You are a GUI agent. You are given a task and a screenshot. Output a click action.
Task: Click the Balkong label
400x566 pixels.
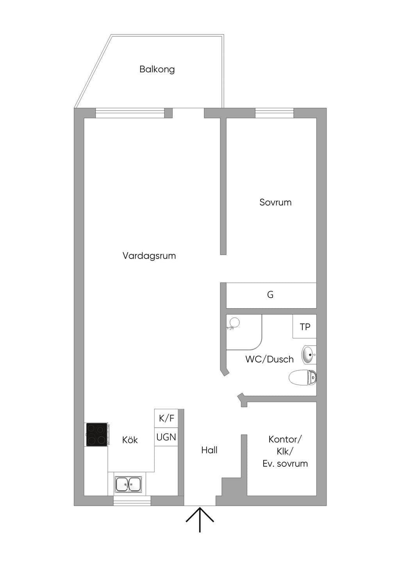click(x=157, y=69)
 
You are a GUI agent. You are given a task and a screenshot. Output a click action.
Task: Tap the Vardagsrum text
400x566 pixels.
click(x=149, y=256)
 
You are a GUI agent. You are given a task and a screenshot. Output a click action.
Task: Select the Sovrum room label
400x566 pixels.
click(x=275, y=202)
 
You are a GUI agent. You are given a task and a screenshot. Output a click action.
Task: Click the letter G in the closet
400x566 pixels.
click(x=270, y=295)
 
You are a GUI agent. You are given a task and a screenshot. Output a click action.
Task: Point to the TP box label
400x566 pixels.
click(x=305, y=327)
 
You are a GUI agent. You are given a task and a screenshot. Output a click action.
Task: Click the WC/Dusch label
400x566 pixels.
click(x=270, y=359)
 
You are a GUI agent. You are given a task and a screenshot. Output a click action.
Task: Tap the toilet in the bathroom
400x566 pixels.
click(x=303, y=378)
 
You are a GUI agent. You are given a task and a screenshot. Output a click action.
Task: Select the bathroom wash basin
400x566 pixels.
click(x=309, y=355)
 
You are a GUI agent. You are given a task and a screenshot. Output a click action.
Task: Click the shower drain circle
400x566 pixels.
click(x=235, y=322)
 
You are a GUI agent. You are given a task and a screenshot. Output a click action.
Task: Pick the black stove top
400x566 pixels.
click(x=96, y=434)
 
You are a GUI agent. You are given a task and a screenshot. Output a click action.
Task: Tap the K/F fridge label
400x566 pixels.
click(x=166, y=418)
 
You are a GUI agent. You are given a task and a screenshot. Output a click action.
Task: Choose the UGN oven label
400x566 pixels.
click(x=166, y=437)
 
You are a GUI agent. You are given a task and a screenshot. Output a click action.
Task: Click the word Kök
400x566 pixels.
click(x=130, y=440)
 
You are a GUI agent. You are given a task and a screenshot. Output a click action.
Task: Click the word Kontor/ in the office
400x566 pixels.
click(x=285, y=439)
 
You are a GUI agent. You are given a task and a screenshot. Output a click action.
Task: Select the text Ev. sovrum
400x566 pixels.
click(x=285, y=464)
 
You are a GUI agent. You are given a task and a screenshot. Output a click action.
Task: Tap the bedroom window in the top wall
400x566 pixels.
click(x=275, y=113)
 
